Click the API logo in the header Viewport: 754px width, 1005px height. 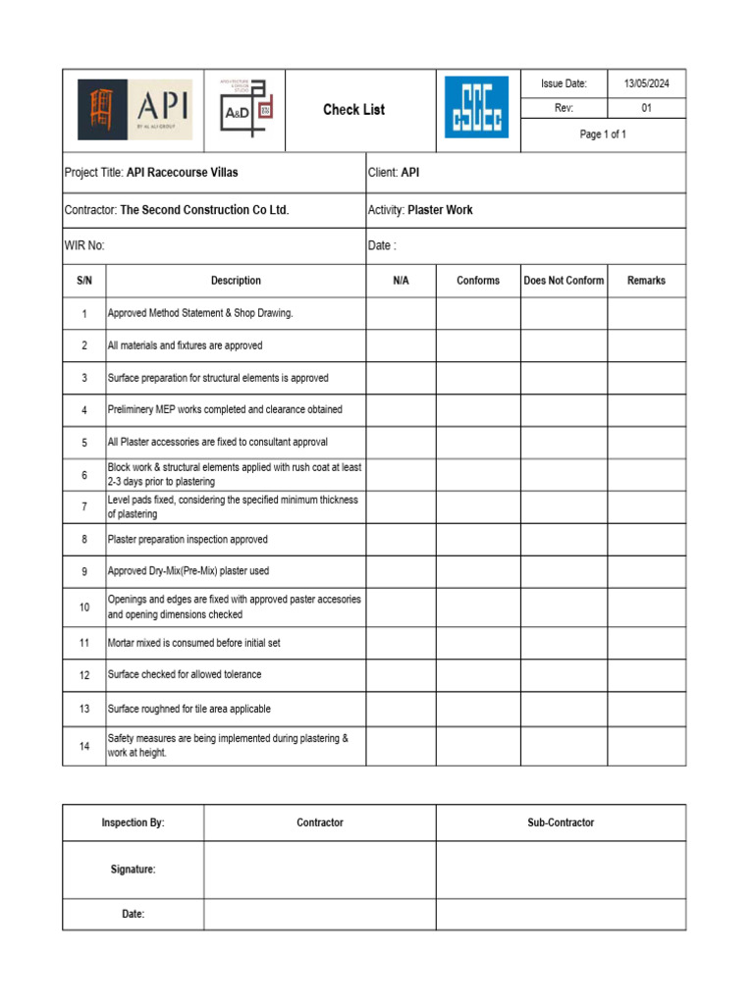tap(135, 110)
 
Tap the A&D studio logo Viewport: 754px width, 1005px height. tap(245, 110)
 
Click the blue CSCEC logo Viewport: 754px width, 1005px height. tap(477, 108)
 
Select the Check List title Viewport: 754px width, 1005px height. tap(353, 110)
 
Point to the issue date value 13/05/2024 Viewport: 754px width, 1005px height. tap(646, 84)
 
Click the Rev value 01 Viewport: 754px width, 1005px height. tap(646, 109)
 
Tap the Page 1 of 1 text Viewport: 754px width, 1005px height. tap(603, 134)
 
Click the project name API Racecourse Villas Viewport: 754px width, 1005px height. tap(183, 173)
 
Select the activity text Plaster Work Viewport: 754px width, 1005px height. tap(440, 210)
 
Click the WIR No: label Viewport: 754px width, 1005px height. tap(84, 246)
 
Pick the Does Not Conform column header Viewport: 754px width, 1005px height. tap(564, 281)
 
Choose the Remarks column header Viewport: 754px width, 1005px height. tap(646, 281)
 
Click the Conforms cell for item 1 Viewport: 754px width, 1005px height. tap(478, 313)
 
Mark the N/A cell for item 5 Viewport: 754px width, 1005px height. tap(401, 442)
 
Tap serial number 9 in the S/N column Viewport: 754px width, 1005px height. tap(84, 571)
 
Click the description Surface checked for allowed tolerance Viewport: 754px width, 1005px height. tap(185, 675)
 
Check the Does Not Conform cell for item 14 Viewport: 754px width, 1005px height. tap(564, 746)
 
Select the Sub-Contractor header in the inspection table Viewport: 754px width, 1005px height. tap(561, 822)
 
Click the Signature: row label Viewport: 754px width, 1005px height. tap(133, 870)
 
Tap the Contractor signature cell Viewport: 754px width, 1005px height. tap(320, 870)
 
